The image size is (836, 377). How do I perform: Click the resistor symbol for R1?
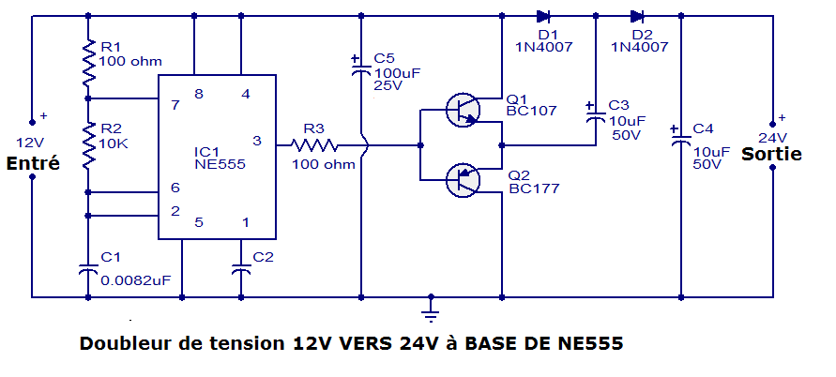coord(88,63)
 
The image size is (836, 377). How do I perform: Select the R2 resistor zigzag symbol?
coord(88,145)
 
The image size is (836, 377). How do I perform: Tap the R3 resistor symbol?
coord(314,145)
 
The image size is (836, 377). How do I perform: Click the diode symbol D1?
coord(543,17)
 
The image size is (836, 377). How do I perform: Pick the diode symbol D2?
coord(637,17)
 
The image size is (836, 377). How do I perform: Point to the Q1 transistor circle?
coord(463,111)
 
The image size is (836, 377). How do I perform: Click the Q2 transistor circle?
coord(463,180)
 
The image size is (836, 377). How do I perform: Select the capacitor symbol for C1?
coord(88,269)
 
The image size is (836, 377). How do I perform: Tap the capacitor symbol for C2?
coord(241,269)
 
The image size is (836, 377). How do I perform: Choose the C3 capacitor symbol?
coord(596,115)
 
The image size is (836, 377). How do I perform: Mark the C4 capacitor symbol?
coord(681,139)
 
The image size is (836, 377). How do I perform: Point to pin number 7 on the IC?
coord(175,104)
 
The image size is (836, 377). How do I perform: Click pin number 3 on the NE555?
coord(257,141)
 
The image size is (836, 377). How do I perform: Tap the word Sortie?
coord(771,154)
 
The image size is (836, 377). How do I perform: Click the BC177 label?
coord(534,188)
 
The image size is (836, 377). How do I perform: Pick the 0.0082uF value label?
coord(136,280)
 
